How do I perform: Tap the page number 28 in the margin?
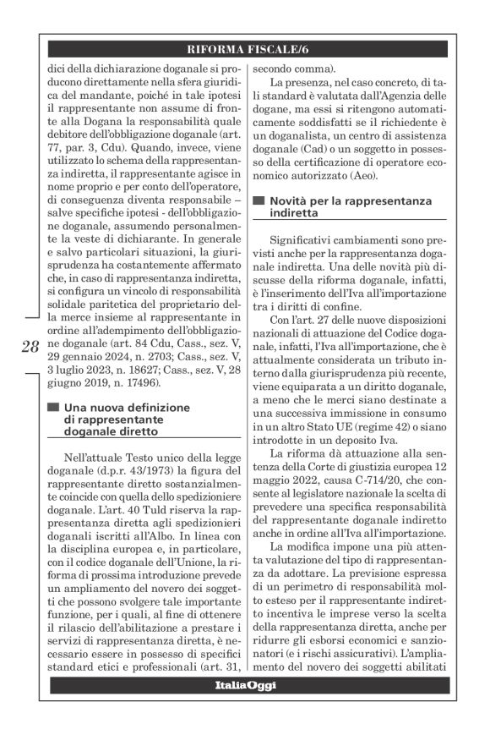tap(29, 348)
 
